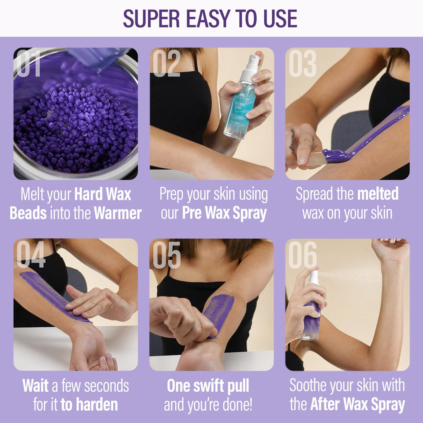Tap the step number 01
click(x=28, y=64)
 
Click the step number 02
click(x=166, y=64)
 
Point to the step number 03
click(x=302, y=64)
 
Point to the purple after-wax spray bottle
click(x=313, y=316)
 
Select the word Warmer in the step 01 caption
click(x=118, y=213)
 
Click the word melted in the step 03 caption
click(x=378, y=194)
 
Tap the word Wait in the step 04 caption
click(x=35, y=386)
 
